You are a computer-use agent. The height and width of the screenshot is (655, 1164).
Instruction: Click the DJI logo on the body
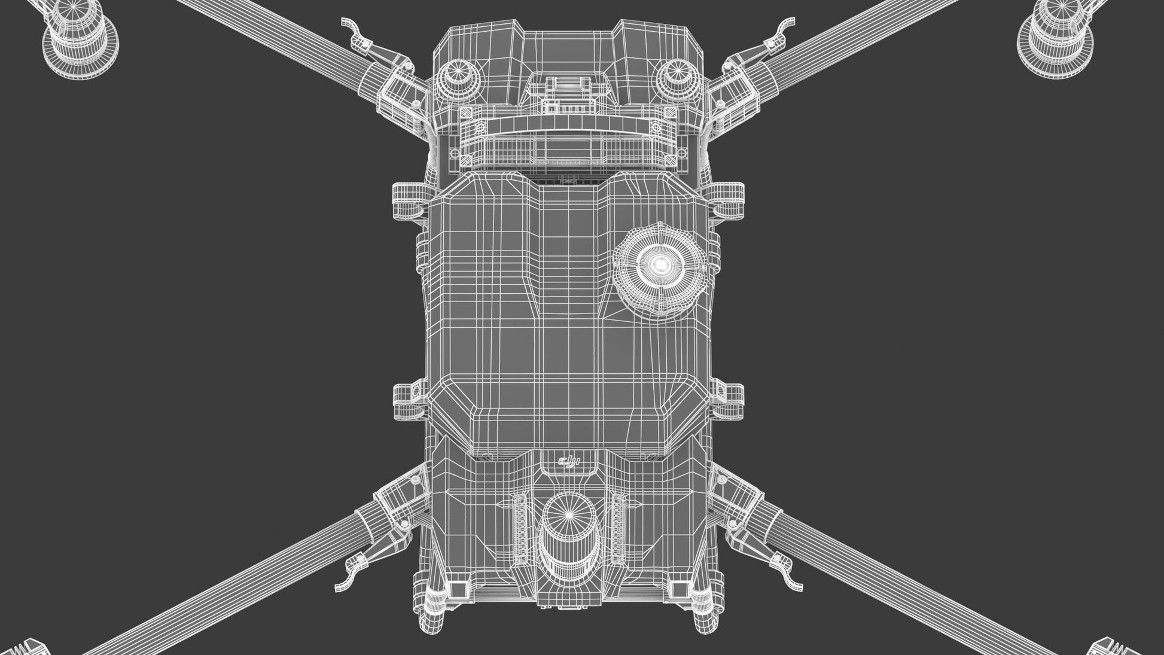click(x=569, y=462)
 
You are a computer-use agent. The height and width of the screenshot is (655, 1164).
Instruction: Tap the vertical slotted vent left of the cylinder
click(x=521, y=530)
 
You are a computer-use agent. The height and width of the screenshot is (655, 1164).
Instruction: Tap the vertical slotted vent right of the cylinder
click(x=618, y=529)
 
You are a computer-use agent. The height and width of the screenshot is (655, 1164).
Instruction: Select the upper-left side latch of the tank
click(x=412, y=200)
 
